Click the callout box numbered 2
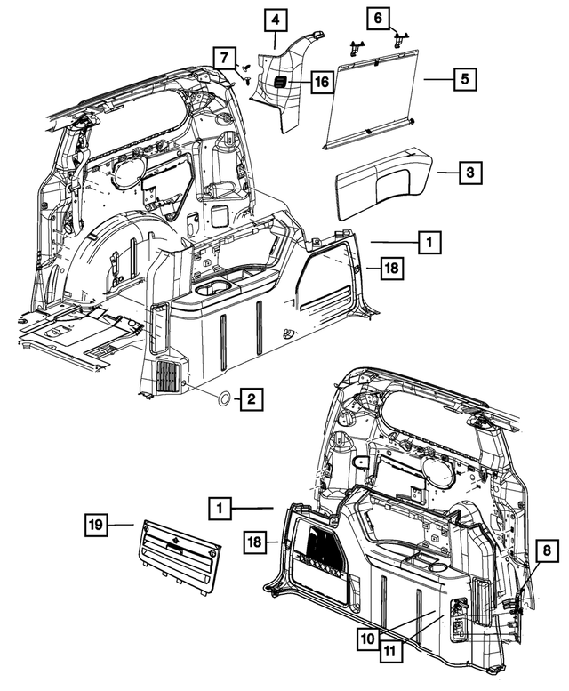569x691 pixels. click(251, 399)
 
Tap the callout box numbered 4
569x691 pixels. click(275, 19)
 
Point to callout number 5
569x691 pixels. click(463, 79)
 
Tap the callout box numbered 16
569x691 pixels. click(321, 83)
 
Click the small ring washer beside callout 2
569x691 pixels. click(223, 399)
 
